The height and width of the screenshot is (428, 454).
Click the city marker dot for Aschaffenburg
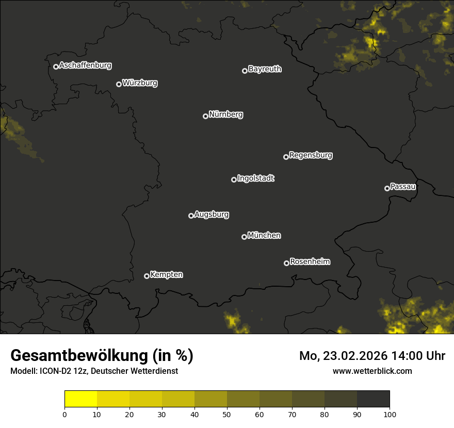click(56, 67)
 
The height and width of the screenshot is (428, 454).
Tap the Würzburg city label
click(140, 83)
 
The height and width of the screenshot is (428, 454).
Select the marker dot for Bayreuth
click(245, 71)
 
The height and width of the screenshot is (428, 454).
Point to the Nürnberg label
click(226, 114)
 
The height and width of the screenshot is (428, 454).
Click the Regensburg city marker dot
click(286, 157)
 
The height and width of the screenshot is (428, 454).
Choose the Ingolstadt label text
click(256, 178)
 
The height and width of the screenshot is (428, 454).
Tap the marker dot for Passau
click(387, 188)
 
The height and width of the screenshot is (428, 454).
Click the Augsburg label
click(212, 215)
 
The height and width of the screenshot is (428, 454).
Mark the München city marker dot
click(244, 237)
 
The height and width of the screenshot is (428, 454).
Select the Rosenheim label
click(310, 261)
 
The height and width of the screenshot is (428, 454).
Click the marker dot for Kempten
click(147, 276)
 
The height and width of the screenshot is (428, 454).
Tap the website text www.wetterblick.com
click(372, 371)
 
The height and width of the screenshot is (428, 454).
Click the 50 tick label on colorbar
click(227, 414)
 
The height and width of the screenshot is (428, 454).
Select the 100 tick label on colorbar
click(390, 414)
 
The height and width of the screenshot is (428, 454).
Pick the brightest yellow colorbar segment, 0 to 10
click(81, 399)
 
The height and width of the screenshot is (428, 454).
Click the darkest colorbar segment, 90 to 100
click(373, 399)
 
